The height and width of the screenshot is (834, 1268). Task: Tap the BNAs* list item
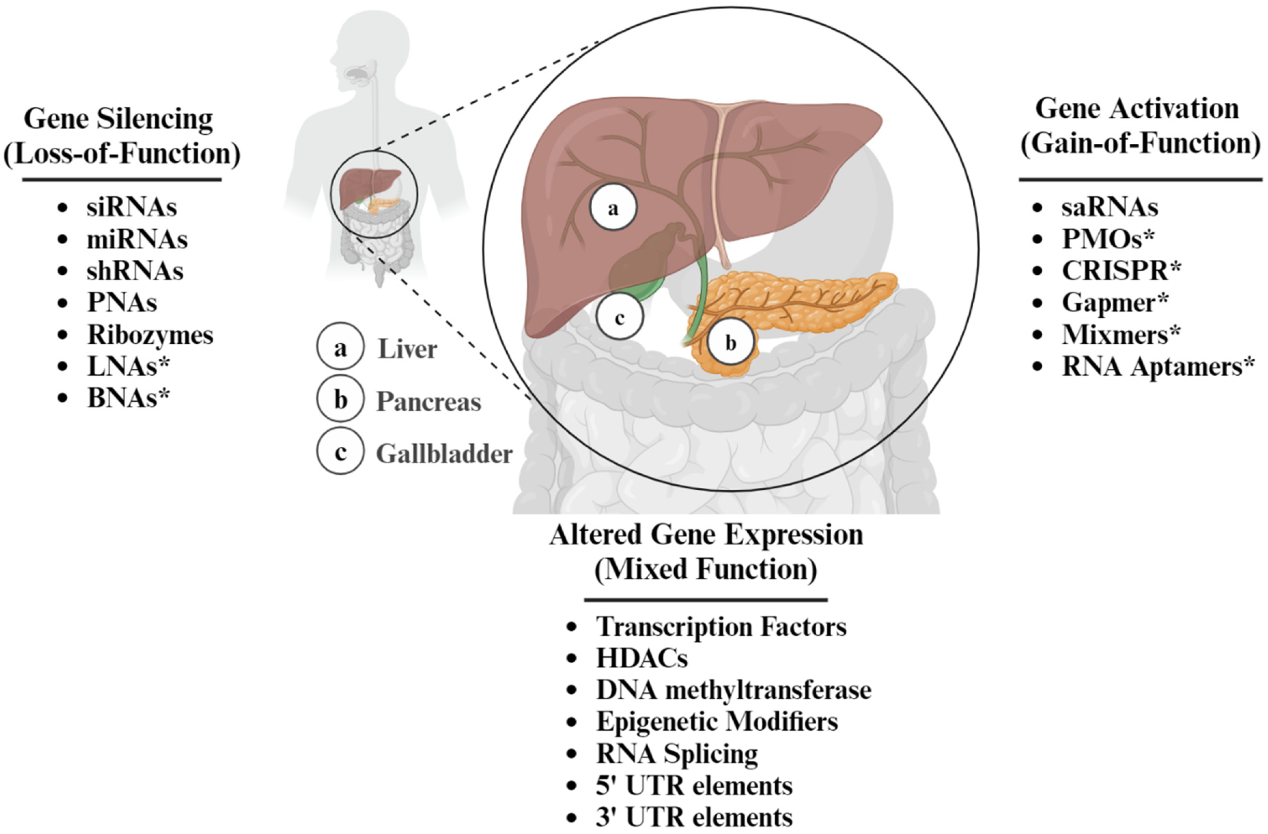tap(128, 398)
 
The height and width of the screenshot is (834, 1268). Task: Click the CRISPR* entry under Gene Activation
tap(1121, 271)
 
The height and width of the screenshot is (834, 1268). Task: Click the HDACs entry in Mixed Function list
tap(642, 658)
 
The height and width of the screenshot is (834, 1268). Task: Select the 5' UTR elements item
tap(694, 786)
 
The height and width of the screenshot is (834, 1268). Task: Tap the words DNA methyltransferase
tap(733, 690)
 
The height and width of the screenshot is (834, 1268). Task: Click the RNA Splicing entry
tap(677, 753)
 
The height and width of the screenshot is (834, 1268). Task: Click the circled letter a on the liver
tap(613, 208)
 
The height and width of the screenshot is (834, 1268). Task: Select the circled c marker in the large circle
tap(620, 317)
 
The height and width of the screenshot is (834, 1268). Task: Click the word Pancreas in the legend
tap(428, 402)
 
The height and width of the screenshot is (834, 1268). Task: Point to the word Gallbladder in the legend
tap(444, 454)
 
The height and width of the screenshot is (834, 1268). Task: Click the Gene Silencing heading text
tap(118, 118)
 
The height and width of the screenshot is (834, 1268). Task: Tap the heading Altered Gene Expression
tap(706, 535)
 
